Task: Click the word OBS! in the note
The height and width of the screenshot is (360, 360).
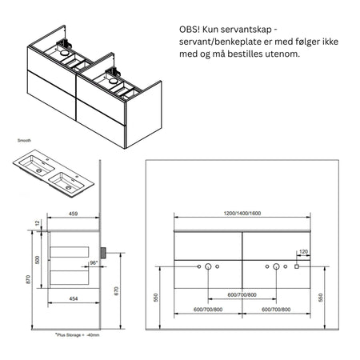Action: (x=192, y=30)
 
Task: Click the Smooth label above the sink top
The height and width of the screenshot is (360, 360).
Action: (x=25, y=138)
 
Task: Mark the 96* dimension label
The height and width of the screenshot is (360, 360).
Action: (x=94, y=263)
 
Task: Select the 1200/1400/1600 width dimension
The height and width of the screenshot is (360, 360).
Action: (x=242, y=214)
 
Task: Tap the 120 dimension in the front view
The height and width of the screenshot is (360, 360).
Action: (x=303, y=252)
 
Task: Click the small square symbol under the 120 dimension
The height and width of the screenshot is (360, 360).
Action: (x=297, y=266)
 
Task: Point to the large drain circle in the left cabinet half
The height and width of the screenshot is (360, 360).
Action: (x=208, y=266)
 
